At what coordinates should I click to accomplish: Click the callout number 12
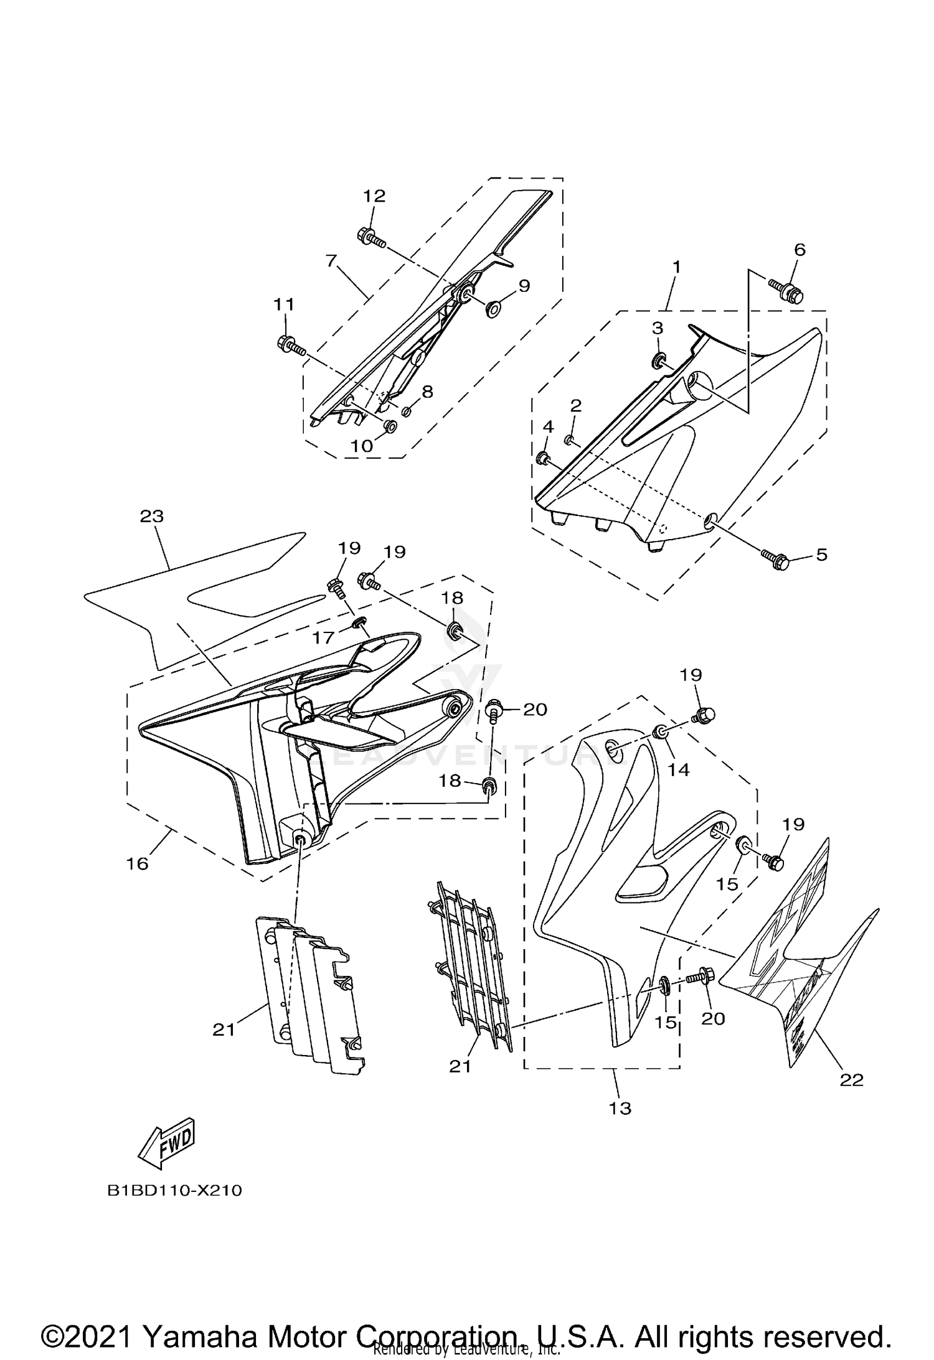(x=374, y=196)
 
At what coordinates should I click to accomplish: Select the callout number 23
(x=152, y=516)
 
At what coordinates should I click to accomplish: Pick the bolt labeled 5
(x=775, y=559)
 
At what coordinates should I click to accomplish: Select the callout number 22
(x=851, y=1080)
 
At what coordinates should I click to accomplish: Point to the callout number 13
(x=621, y=1108)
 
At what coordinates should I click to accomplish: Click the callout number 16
(x=138, y=864)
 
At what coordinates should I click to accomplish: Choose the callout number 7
(x=331, y=260)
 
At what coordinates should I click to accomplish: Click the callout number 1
(x=676, y=268)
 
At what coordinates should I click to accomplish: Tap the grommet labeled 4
(x=542, y=459)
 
